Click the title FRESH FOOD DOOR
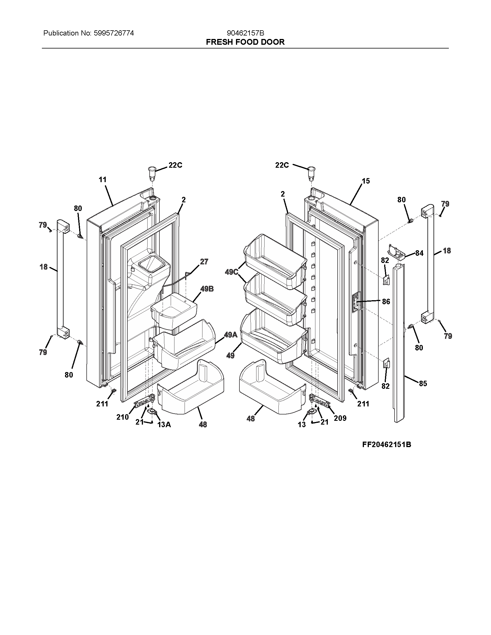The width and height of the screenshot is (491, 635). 245,42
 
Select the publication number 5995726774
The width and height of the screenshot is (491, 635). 114,33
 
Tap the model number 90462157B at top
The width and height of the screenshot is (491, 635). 245,33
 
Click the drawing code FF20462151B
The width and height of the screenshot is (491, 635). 386,444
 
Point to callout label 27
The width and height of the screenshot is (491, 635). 204,262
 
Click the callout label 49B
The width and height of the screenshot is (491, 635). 207,289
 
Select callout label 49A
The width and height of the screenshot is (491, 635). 231,335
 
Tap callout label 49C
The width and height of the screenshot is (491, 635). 232,272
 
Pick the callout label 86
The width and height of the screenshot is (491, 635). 386,302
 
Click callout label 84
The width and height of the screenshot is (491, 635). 419,253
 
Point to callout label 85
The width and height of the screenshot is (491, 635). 423,384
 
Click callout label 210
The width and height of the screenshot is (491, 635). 122,417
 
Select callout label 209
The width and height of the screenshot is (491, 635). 340,418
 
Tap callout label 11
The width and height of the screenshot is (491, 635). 103,180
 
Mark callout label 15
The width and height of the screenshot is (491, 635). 366,181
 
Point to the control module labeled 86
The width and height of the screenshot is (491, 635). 355,302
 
